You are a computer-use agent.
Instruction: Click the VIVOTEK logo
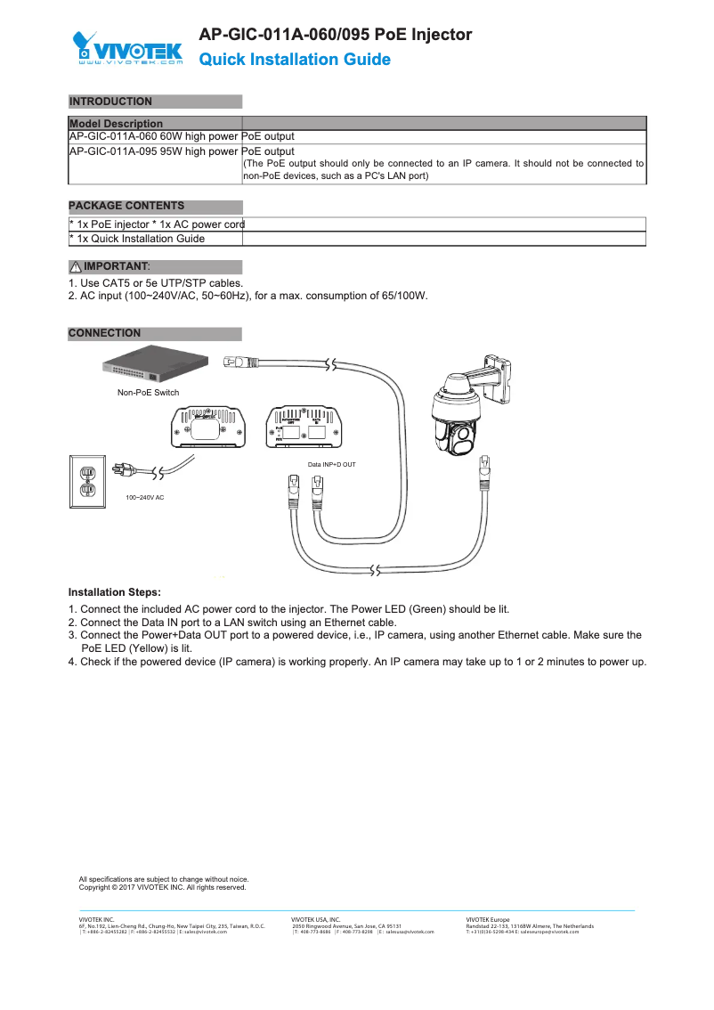tap(127, 49)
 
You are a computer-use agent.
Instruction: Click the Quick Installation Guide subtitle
tap(294, 60)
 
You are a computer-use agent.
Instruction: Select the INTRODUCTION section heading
tap(110, 102)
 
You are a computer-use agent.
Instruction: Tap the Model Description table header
tap(116, 124)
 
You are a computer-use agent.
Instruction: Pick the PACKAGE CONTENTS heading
tap(126, 206)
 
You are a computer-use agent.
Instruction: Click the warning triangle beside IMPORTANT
tap(76, 267)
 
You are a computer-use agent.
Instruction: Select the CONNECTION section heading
tap(104, 333)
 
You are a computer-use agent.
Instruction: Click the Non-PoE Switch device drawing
tap(157, 366)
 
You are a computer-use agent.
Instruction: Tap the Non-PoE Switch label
tap(148, 393)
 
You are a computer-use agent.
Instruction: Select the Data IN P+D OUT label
tap(331, 465)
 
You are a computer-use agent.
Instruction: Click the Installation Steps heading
tap(115, 592)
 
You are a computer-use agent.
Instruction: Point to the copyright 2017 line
tap(162, 887)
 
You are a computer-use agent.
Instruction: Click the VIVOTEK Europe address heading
tap(488, 919)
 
